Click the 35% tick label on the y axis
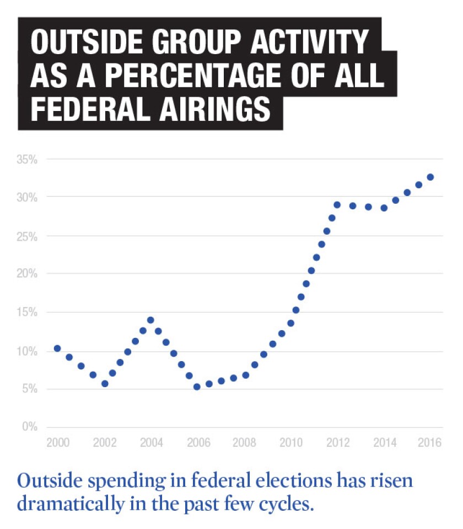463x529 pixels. coord(26,159)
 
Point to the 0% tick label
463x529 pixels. coord(29,427)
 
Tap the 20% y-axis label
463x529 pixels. coord(26,274)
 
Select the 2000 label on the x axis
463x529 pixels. coord(57,442)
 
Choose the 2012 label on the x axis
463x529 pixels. coord(337,442)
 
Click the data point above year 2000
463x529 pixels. coord(57,348)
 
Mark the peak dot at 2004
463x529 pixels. coord(150,320)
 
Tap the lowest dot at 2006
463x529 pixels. coord(197,387)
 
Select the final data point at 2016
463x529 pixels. coord(430,177)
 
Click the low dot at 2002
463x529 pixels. coord(105,383)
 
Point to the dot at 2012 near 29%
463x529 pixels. coord(337,204)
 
